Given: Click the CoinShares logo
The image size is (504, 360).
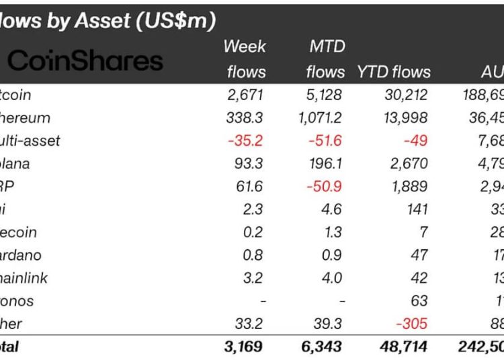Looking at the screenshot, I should tap(85, 60).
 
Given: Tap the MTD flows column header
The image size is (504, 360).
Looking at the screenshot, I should tap(325, 59).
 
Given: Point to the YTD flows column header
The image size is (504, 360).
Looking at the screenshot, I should tap(393, 72).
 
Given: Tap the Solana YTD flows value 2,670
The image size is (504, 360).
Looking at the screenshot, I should tap(409, 163).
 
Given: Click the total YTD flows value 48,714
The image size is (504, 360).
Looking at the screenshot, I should tap(404, 347).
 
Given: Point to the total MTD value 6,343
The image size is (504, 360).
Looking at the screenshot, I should tap(323, 347).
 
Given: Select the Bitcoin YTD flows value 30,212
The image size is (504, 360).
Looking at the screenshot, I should tap(405, 95).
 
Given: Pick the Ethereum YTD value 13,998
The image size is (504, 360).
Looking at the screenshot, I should tap(405, 118).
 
